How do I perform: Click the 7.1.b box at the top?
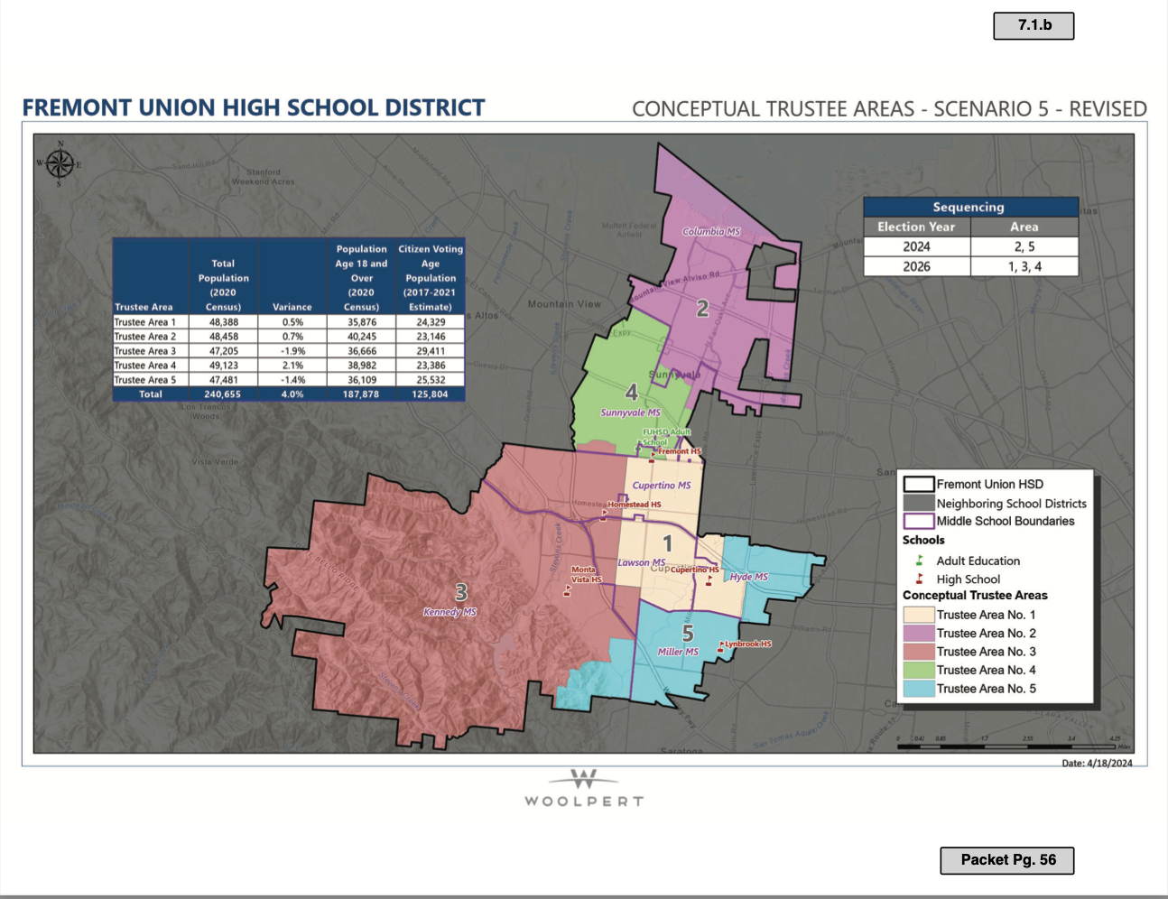1034,25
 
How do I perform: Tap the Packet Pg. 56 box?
1007,859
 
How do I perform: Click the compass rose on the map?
60,164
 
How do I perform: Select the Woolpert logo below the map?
584,788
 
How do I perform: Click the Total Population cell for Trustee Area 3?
223,351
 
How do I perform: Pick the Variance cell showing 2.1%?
292,366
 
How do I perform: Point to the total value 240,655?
223,394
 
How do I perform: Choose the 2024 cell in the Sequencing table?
916,246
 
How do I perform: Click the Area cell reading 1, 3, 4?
1024,266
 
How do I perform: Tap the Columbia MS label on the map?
711,232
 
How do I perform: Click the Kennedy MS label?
450,612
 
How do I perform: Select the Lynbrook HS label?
748,644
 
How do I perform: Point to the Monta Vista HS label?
586,574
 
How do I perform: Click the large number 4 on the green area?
632,392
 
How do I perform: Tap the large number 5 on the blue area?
688,634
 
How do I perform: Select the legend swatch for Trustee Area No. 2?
918,634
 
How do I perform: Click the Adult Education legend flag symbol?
919,561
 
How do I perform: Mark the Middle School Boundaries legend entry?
1005,521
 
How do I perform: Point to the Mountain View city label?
564,304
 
